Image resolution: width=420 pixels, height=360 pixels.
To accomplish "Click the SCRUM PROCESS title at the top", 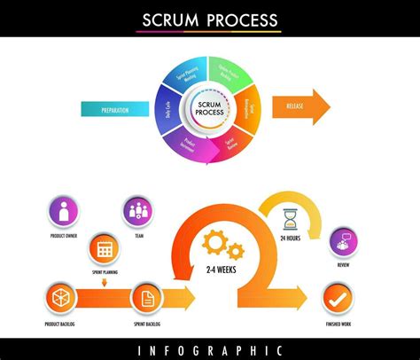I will [210, 20].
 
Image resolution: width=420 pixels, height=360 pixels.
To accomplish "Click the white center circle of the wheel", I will [209, 110].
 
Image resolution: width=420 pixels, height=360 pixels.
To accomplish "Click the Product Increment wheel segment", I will [189, 143].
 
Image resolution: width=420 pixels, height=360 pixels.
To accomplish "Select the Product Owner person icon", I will [64, 212].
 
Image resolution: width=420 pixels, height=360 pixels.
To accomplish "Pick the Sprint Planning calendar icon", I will [105, 249].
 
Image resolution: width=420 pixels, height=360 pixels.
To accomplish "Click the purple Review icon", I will [343, 240].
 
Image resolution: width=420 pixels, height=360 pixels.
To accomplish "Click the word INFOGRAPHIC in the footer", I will [210, 350].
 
